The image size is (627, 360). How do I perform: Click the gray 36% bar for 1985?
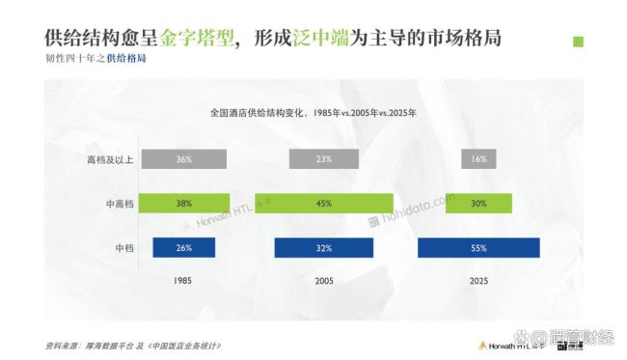coord(183,159)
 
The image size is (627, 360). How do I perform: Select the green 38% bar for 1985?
coord(184,204)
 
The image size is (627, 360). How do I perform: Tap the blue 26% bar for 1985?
coord(184,248)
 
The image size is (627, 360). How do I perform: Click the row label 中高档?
coord(116,204)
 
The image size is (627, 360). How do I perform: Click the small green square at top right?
coord(578,42)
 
